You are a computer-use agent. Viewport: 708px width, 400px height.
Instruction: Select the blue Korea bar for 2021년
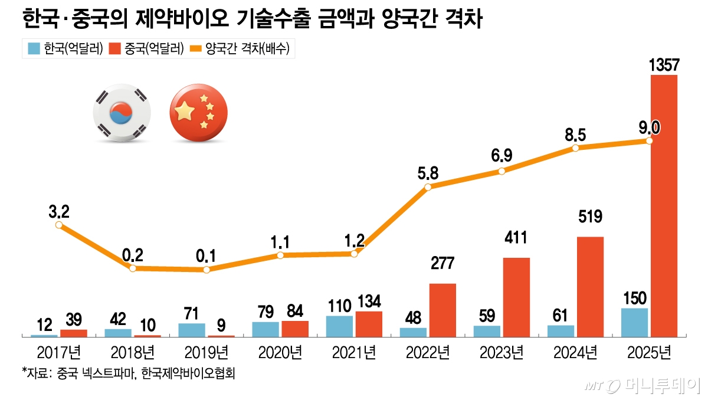click(x=339, y=326)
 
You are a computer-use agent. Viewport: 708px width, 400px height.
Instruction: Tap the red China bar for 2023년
click(x=516, y=297)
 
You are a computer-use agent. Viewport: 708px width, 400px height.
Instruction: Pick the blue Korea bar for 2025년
click(x=634, y=322)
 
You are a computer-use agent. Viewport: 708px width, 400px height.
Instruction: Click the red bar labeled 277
click(x=442, y=310)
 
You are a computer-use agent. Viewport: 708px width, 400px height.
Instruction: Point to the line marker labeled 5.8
click(x=428, y=187)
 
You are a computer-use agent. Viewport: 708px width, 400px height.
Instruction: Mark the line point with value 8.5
click(x=575, y=148)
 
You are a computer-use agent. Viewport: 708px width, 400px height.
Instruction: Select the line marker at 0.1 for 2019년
click(x=206, y=270)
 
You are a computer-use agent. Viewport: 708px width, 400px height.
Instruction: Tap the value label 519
click(x=590, y=217)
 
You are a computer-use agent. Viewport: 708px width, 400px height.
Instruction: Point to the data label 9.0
click(x=649, y=126)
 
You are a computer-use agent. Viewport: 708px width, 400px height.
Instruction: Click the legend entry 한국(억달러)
click(x=66, y=49)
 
